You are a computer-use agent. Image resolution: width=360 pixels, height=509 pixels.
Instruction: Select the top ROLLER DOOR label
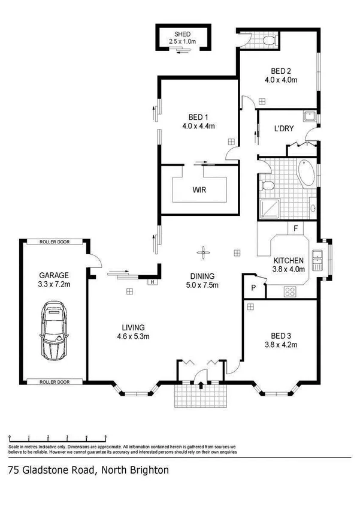click(x=55, y=242)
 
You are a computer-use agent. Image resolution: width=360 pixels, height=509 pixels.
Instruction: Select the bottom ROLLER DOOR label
click(x=55, y=381)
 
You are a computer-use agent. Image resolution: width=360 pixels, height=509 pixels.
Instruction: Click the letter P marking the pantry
click(x=254, y=288)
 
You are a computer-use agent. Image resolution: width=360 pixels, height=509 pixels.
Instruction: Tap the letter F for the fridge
click(x=295, y=228)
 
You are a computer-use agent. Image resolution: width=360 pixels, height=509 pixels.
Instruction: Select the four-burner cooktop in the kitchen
click(x=291, y=292)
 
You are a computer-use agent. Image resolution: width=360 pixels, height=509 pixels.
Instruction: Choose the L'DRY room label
click(x=284, y=128)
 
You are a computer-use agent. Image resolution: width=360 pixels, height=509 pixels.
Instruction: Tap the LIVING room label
click(x=133, y=327)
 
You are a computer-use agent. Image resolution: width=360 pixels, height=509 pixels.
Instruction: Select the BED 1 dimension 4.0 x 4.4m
click(x=198, y=126)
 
